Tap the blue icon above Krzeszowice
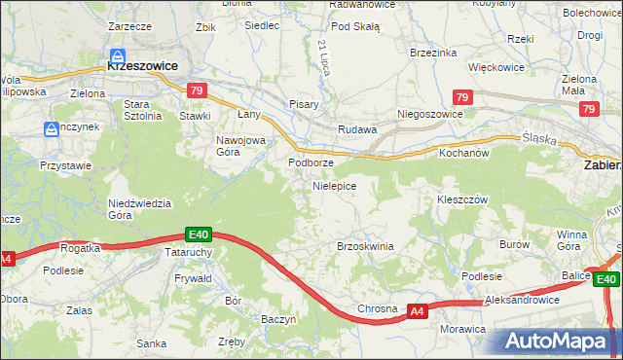(117, 55)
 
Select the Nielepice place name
(334, 185)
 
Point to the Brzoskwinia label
(364, 246)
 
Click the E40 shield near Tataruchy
(199, 234)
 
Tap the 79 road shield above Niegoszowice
(462, 97)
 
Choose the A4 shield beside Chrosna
(416, 311)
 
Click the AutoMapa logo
(560, 342)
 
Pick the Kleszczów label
(461, 198)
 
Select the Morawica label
(462, 329)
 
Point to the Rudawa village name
(356, 129)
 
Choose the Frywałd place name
(193, 278)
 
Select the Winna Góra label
(569, 240)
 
